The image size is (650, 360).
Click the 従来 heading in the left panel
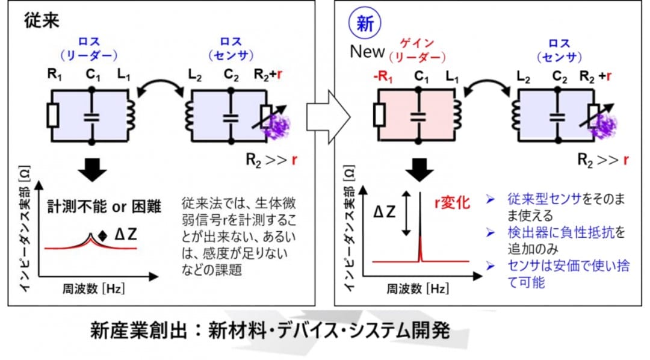42,19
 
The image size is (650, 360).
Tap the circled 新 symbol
365,23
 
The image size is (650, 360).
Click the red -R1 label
382,76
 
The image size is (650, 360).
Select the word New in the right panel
367,52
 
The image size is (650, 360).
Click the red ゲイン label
417,43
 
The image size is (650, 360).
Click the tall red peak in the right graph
420,249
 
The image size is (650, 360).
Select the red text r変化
452,203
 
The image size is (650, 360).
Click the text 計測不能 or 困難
104,206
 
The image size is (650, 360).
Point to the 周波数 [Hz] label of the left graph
93,289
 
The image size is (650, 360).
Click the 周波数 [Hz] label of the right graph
418,289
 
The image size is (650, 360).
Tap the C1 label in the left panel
93,75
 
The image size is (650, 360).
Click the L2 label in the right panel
524,76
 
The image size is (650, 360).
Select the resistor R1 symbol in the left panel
52,115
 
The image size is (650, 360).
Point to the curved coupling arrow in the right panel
487,85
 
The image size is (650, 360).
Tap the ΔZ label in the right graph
384,212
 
